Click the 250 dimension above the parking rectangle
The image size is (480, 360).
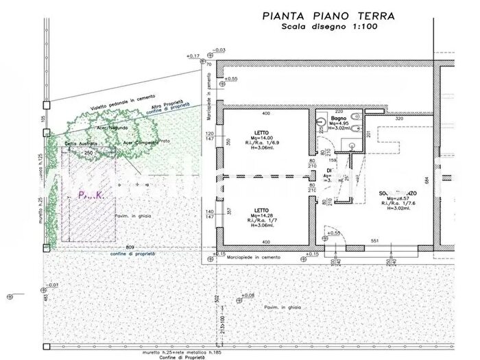pyautogui.click(x=88, y=152)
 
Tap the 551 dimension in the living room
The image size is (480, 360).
pyautogui.click(x=376, y=242)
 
